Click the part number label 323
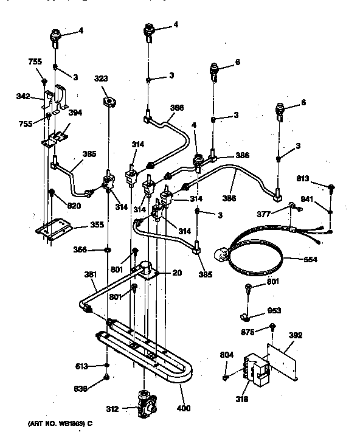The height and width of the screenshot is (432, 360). point(102,78)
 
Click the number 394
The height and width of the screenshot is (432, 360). point(75,112)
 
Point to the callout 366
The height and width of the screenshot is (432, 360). point(80,249)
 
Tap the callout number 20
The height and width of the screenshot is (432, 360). point(176,273)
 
